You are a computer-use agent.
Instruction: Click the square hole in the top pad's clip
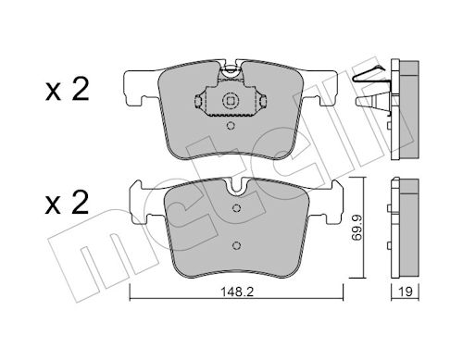[x=229, y=102]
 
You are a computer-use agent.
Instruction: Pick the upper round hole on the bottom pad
[x=236, y=209]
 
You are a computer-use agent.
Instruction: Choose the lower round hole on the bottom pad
[x=236, y=245]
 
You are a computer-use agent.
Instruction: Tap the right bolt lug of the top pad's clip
[x=256, y=102]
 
